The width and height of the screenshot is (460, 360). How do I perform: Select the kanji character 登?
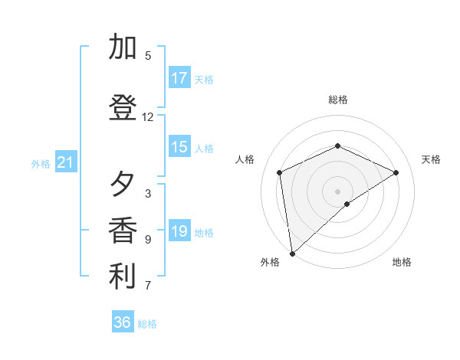[123, 108]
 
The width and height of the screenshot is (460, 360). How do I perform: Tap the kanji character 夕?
[123, 185]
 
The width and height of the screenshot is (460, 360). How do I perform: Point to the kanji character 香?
[123, 231]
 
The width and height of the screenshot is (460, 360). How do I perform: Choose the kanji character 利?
[123, 277]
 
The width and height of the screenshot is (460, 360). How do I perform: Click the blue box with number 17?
[179, 77]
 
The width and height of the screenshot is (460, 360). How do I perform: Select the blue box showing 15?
[179, 148]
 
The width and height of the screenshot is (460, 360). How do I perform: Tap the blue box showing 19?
[179, 231]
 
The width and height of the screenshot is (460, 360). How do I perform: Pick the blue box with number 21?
[65, 162]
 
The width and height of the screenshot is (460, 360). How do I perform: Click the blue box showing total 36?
[123, 322]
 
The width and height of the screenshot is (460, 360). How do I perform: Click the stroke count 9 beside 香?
[148, 240]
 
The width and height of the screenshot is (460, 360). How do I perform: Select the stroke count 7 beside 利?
[148, 286]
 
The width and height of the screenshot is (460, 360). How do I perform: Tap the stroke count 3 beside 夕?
[148, 194]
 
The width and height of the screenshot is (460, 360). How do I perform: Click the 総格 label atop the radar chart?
[338, 100]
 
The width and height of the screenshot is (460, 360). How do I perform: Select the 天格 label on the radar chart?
[431, 159]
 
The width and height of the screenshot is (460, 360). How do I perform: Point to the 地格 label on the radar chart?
[402, 262]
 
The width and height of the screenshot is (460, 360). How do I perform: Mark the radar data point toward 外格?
[291, 253]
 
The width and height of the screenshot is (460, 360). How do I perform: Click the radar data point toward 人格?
[280, 172]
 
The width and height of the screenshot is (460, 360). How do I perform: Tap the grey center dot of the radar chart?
[338, 191]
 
